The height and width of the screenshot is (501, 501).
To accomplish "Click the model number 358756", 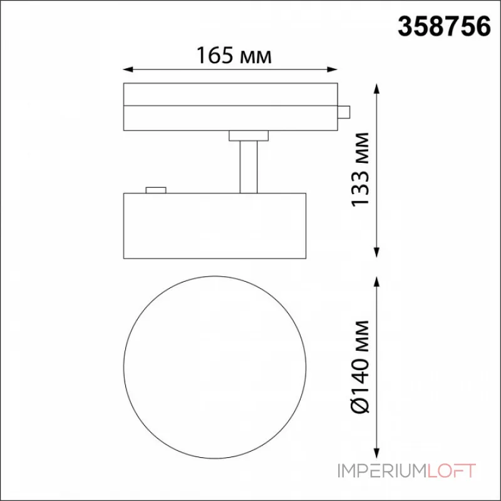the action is pos(444,26).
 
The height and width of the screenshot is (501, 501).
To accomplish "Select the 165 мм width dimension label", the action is pos(234,56).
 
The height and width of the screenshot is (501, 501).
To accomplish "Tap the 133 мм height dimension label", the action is pos(360,170).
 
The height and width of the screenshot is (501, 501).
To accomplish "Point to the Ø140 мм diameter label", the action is pos(360,367).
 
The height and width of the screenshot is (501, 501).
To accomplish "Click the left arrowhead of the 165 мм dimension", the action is pos(128,70).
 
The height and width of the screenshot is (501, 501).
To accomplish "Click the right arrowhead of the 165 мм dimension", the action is pos(333,70).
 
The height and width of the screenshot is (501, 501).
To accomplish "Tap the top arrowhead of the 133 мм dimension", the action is pos(377,88).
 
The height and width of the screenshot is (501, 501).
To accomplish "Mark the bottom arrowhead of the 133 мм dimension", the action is pos(377,253).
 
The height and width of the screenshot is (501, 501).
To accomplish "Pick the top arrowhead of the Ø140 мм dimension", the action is pos(377,282).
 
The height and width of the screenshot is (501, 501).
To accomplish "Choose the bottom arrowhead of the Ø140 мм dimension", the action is pos(377,453).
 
